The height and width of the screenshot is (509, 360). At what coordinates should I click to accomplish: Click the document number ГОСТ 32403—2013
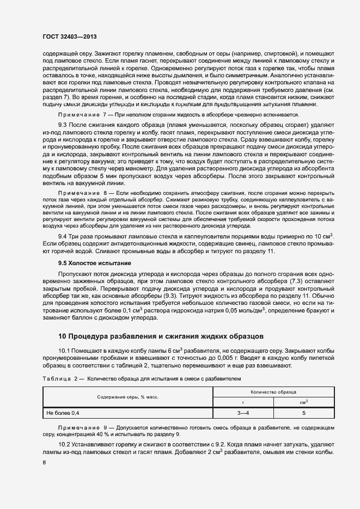70,37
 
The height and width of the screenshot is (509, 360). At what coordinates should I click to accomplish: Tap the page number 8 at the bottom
44,463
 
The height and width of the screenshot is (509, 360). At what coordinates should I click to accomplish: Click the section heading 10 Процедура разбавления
161,336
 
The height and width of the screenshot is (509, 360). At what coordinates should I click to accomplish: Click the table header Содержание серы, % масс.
128,397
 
